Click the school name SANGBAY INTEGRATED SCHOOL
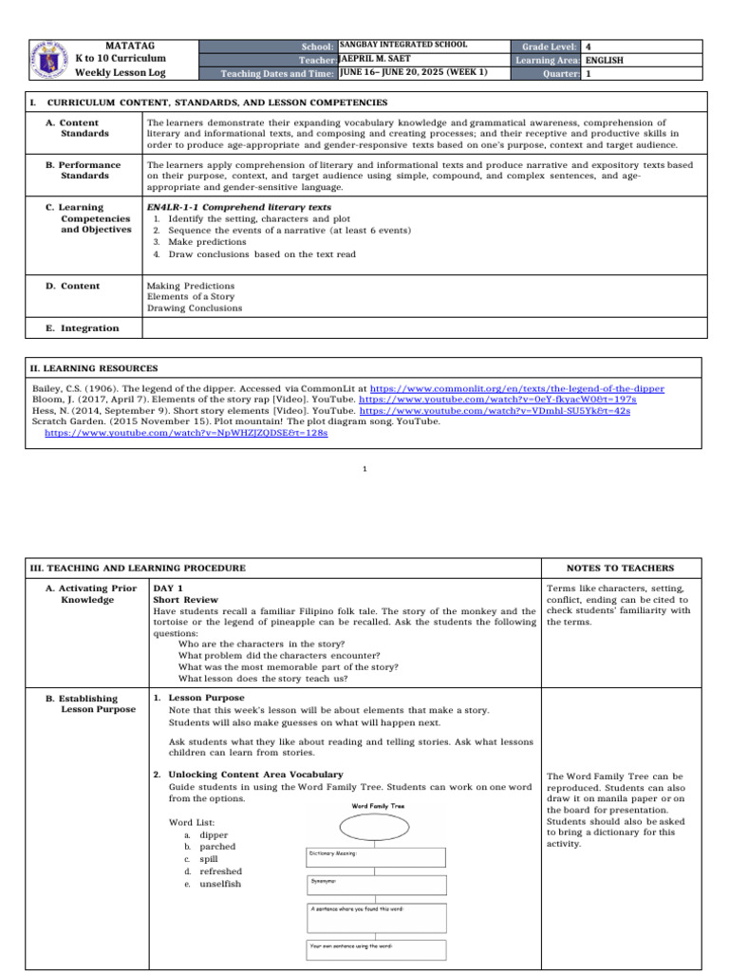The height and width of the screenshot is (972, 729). pyautogui.click(x=402, y=46)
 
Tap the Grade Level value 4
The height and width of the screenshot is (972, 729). pyautogui.click(x=589, y=47)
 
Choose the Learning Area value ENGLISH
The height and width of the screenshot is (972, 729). pyautogui.click(x=605, y=59)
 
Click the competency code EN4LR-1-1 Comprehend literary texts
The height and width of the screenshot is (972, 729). pyautogui.click(x=238, y=206)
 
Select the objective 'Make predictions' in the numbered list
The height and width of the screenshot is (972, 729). pyautogui.click(x=207, y=242)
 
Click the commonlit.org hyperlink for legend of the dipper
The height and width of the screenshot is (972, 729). pyautogui.click(x=516, y=389)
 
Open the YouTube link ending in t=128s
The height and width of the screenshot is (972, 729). pyautogui.click(x=186, y=432)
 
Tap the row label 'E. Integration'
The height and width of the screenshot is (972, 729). pyautogui.click(x=83, y=328)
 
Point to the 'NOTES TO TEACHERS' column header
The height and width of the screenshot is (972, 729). pyautogui.click(x=620, y=569)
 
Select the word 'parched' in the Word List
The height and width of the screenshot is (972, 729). pyautogui.click(x=217, y=847)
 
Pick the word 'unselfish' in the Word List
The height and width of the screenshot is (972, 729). pyautogui.click(x=220, y=884)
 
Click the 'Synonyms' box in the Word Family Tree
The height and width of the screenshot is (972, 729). pyautogui.click(x=376, y=885)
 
